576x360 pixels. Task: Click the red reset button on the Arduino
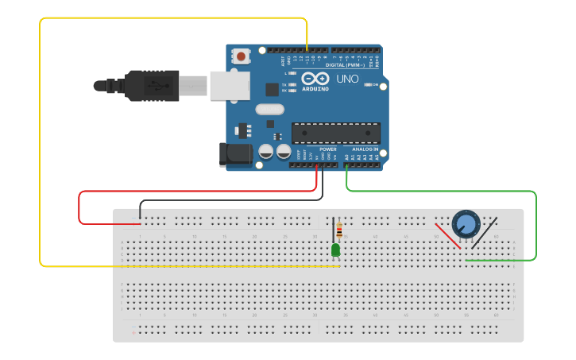pyautogui.click(x=240, y=56)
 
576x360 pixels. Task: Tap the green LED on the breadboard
pyautogui.click(x=335, y=250)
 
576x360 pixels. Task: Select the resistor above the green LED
pyautogui.click(x=340, y=230)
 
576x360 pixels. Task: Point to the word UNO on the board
pyautogui.click(x=348, y=79)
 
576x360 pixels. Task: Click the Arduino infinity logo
pyautogui.click(x=315, y=79)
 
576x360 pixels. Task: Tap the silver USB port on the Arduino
pyautogui.click(x=230, y=85)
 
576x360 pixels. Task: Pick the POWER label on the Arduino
pyautogui.click(x=328, y=149)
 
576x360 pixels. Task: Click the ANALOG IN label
pyautogui.click(x=365, y=149)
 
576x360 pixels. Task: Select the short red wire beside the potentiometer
pyautogui.click(x=447, y=235)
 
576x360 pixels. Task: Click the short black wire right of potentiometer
pyautogui.click(x=485, y=232)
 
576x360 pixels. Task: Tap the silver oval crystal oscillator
pyautogui.click(x=269, y=109)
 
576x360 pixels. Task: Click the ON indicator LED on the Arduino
pyautogui.click(x=366, y=84)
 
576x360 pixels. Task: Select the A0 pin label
pyautogui.click(x=347, y=157)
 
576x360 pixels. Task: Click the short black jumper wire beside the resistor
pyautogui.click(x=333, y=230)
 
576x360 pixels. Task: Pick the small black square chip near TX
pyautogui.click(x=272, y=90)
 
